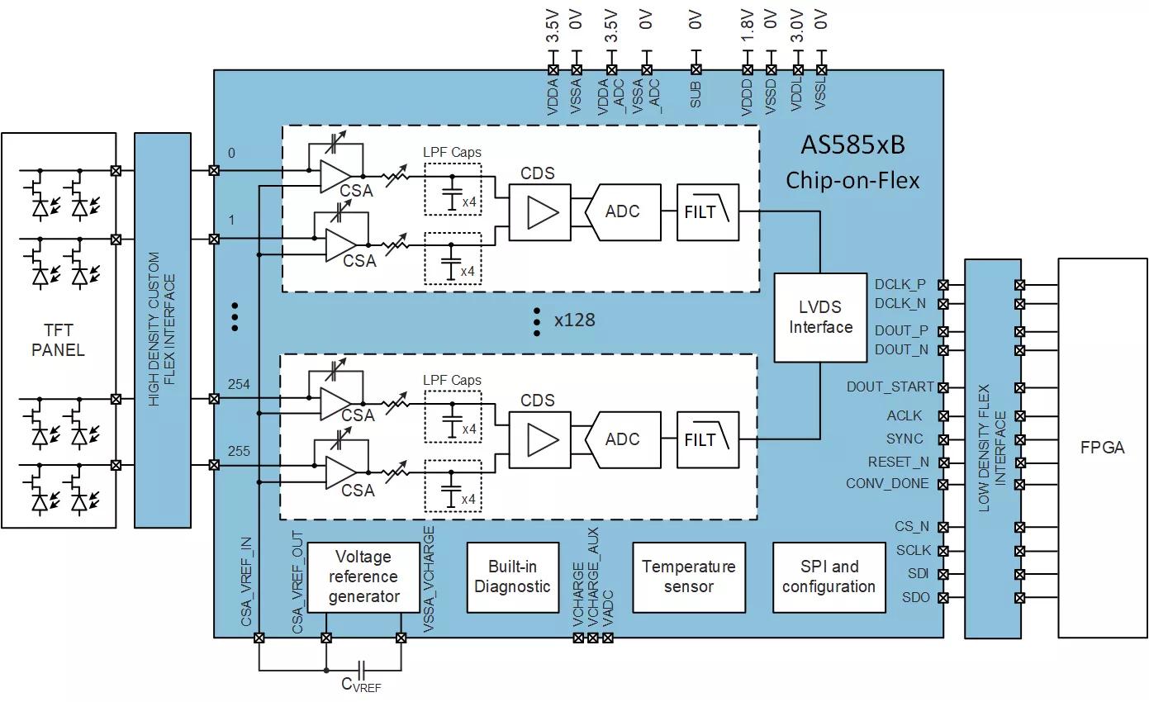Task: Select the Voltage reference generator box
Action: [363, 576]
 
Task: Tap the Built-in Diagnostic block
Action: [512, 576]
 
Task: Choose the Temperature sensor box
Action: [689, 576]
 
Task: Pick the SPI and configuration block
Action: [829, 576]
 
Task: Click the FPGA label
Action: [1102, 448]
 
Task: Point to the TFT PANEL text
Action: [58, 340]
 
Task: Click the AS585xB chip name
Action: [852, 145]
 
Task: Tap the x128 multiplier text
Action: [575, 320]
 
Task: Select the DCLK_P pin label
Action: [900, 285]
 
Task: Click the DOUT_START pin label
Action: [890, 387]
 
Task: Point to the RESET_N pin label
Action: [898, 462]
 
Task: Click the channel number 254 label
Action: [239, 385]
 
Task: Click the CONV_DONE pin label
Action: [887, 484]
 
